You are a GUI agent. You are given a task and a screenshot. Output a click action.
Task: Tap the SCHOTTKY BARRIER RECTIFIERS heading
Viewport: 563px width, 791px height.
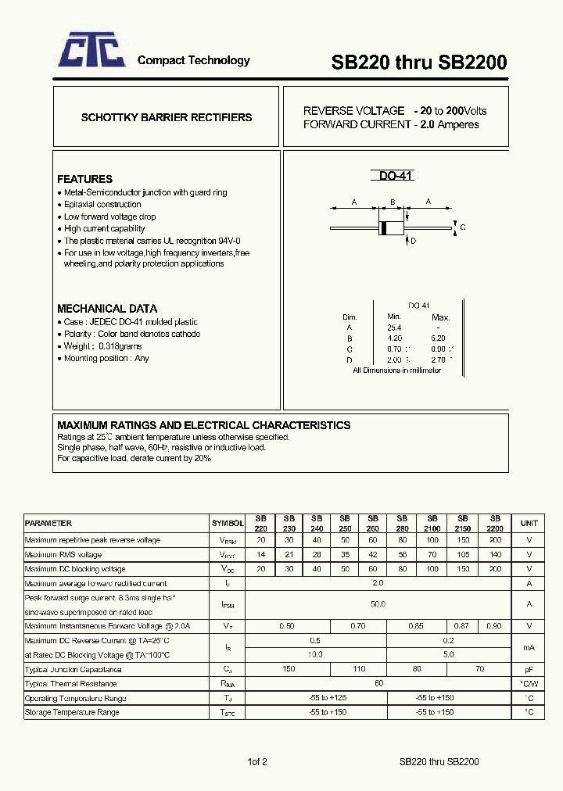point(167,117)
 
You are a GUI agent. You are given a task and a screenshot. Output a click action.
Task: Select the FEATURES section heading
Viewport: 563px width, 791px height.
point(84,179)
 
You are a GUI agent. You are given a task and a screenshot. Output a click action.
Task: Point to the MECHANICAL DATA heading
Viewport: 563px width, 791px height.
point(107,309)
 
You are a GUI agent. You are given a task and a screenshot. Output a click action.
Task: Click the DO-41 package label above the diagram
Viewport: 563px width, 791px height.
point(395,177)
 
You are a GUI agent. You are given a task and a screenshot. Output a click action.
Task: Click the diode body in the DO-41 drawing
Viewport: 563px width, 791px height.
point(390,228)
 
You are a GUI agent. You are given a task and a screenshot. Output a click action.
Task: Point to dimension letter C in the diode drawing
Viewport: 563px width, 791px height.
point(463,227)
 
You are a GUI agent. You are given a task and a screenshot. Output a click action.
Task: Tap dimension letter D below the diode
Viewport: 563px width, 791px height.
point(413,242)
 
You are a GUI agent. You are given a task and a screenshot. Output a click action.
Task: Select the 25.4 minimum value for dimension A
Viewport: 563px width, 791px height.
point(394,328)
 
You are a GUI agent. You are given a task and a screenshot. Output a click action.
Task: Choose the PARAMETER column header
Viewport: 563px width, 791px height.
point(48,524)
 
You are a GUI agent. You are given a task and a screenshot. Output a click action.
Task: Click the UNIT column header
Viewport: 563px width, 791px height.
point(529,524)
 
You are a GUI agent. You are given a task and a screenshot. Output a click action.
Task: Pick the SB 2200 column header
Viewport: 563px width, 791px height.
point(494,524)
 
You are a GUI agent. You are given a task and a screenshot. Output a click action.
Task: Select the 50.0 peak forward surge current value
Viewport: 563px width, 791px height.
point(378,604)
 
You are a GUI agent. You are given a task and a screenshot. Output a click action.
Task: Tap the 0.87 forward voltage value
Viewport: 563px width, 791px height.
point(463,626)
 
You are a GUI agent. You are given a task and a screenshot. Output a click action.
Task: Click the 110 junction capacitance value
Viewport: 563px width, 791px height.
point(359,669)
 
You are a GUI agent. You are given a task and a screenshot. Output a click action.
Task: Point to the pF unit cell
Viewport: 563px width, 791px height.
point(529,669)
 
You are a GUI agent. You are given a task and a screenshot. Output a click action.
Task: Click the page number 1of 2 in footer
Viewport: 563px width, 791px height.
point(257,761)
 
